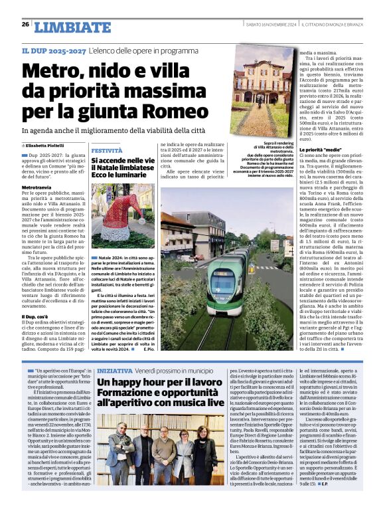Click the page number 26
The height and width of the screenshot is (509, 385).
[25, 25]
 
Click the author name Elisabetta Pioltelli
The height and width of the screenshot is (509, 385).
[47, 145]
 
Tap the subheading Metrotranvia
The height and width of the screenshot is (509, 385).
[37, 188]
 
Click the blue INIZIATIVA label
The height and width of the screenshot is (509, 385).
[114, 370]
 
